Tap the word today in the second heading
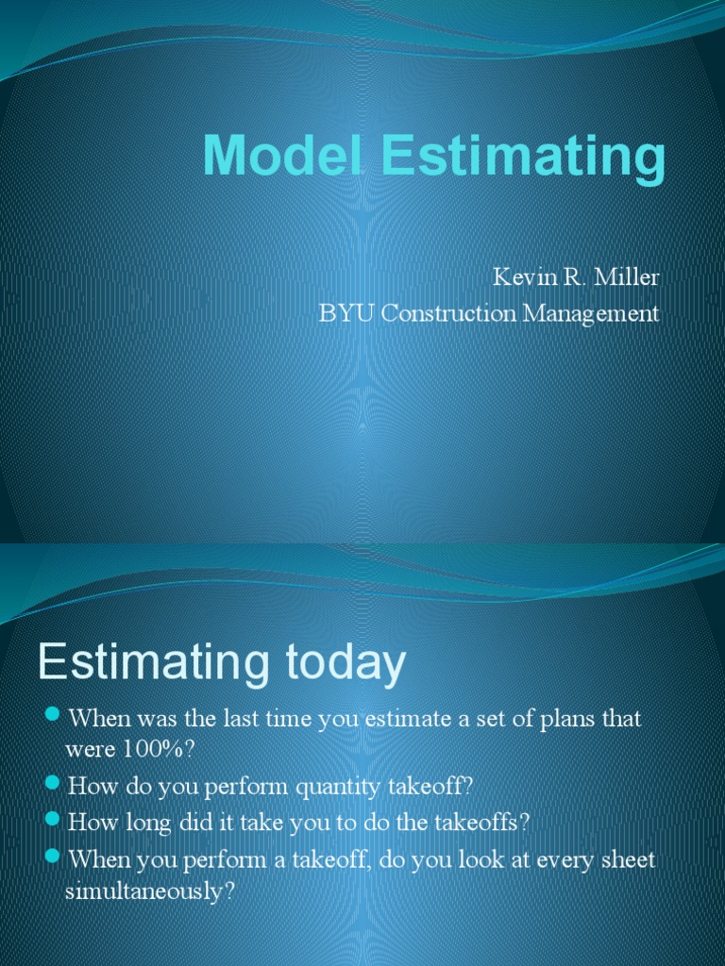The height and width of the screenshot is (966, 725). click(341, 663)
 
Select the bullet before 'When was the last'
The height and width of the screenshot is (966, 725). click(53, 713)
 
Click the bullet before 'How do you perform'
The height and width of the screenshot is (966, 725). click(53, 782)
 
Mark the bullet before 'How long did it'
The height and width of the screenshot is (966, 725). click(53, 820)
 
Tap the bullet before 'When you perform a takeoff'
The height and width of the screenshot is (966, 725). click(53, 856)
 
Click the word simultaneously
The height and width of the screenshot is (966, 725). click(149, 892)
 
